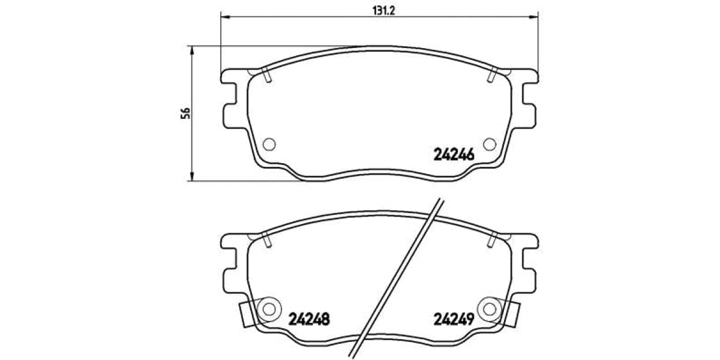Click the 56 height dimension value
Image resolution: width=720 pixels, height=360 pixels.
click(186, 113)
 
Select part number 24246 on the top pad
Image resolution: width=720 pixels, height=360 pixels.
click(454, 155)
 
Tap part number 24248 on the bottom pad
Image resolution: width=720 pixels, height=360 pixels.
click(309, 319)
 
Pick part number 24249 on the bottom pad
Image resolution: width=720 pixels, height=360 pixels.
click(454, 319)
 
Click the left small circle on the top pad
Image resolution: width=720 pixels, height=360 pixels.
click(269, 144)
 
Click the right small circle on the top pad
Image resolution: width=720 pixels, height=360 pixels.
click(490, 144)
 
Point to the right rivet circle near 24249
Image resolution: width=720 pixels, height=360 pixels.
click(490, 308)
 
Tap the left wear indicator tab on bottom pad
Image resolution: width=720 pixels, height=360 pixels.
click(245, 314)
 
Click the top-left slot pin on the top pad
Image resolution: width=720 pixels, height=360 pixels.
click(267, 76)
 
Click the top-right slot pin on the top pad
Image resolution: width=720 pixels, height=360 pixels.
click(492, 76)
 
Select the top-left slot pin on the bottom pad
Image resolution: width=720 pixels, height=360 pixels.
click(267, 239)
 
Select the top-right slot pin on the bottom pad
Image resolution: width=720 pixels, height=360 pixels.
click(492, 239)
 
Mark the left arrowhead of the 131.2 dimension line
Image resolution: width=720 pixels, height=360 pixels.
click(226, 16)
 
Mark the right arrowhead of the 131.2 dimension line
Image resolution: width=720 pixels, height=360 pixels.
click(534, 16)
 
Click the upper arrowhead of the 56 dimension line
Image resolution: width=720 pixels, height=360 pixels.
click(192, 50)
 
